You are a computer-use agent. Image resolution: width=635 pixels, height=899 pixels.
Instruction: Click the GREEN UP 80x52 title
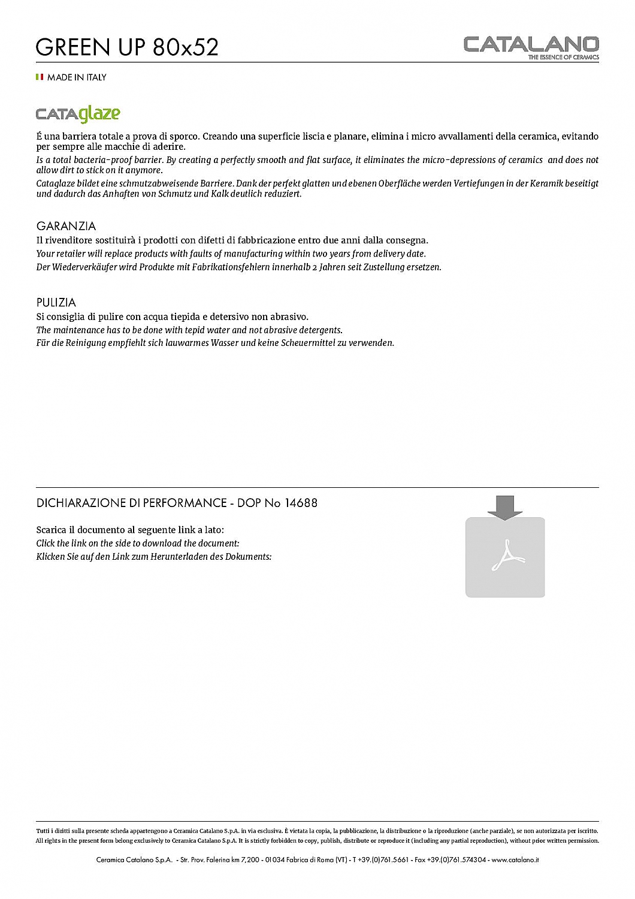tap(127, 47)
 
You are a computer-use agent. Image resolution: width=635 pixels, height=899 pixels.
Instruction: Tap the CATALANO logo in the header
tap(531, 44)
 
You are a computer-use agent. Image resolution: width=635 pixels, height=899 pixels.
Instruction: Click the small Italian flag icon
tap(40, 77)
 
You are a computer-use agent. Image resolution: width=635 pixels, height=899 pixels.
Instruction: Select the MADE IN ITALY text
tap(77, 77)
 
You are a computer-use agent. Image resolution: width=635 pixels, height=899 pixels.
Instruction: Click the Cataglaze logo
tap(78, 114)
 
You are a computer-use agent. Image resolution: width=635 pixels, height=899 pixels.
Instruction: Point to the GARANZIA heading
tap(66, 226)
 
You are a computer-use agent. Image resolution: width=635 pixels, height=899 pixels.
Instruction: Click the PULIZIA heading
tap(56, 303)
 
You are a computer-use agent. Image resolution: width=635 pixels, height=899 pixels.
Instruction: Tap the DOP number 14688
tap(302, 503)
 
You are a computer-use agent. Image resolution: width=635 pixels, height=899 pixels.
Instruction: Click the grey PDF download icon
tap(505, 557)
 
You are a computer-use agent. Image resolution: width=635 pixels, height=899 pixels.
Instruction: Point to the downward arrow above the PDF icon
tap(505, 507)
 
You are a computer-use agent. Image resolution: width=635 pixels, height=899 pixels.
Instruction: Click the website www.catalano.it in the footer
tap(515, 859)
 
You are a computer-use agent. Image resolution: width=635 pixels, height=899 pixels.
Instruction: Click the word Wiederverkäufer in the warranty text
tap(87, 267)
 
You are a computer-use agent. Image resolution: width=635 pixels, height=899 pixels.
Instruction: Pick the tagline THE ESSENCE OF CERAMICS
tap(563, 58)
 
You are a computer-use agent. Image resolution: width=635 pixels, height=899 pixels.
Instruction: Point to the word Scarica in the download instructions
tap(51, 530)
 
